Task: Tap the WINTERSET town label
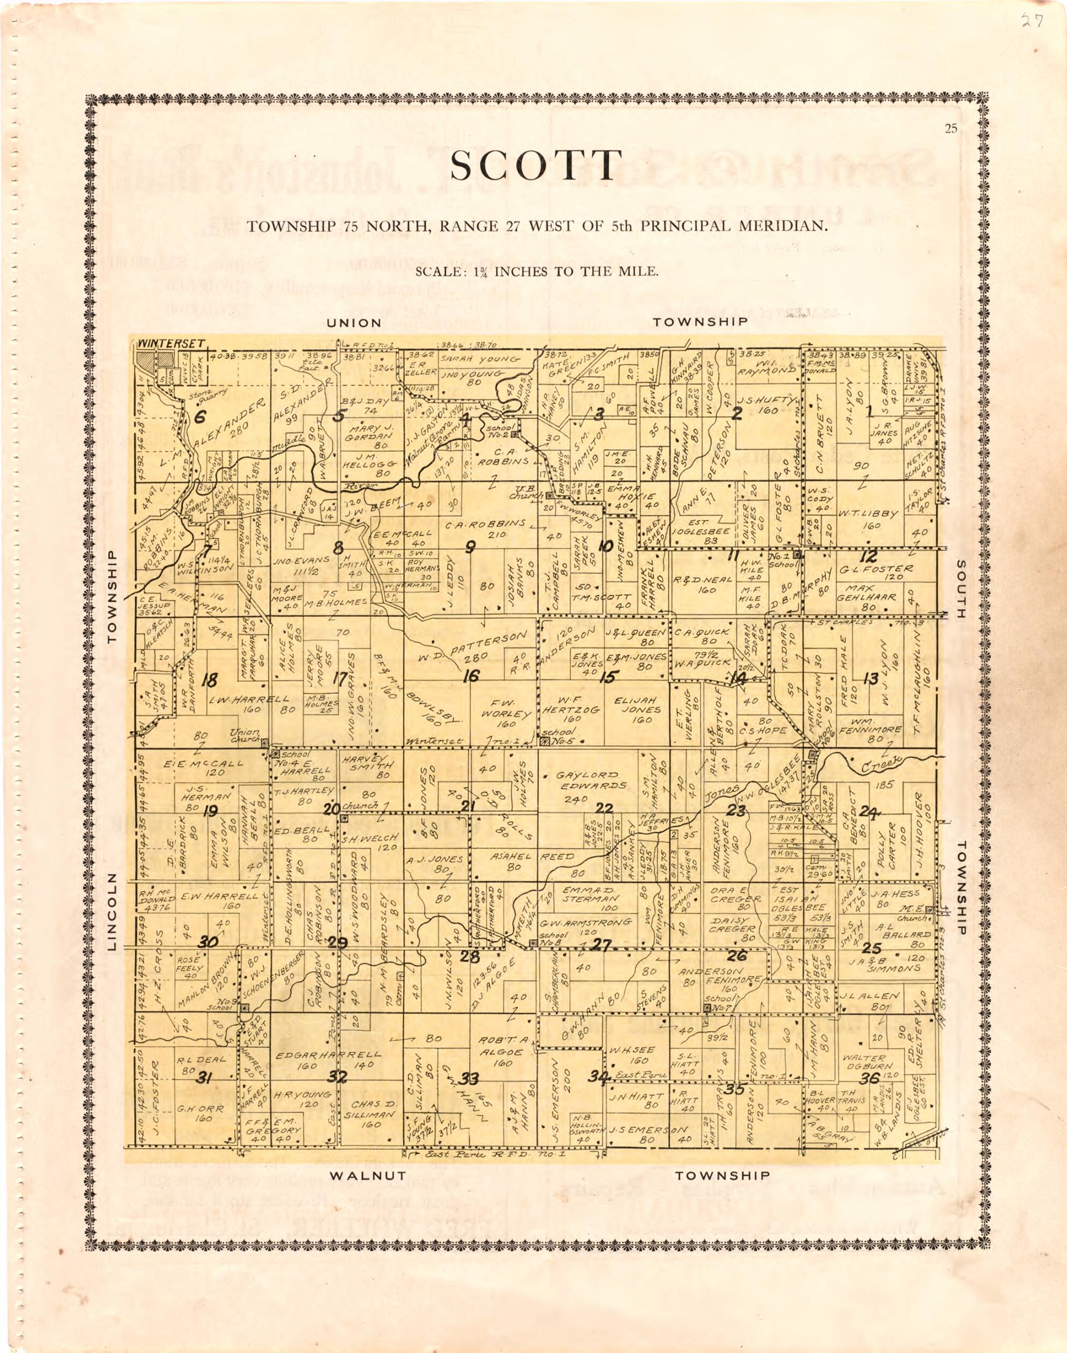tap(171, 343)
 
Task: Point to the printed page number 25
tap(951, 129)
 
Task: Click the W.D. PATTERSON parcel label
tap(470, 649)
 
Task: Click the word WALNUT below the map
tap(368, 1176)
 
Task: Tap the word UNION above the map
tap(354, 323)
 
